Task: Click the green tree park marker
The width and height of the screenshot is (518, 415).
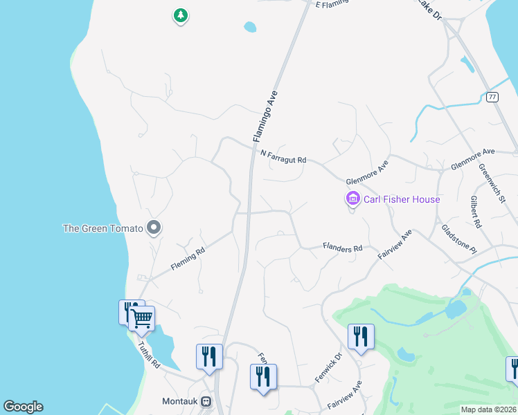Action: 180,15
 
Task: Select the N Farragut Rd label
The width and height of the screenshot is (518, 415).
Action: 283,157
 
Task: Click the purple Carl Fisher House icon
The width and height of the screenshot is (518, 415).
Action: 352,200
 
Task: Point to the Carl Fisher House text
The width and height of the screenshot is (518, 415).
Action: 402,200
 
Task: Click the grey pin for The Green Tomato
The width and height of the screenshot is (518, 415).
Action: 154,227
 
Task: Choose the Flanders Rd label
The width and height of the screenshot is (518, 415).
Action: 342,247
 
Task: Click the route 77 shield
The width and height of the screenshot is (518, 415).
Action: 492,96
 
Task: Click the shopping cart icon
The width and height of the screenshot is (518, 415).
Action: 143,319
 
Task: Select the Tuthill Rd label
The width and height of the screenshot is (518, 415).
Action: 148,355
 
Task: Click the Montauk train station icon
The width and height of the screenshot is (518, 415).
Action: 205,401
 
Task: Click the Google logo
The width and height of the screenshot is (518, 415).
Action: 23,407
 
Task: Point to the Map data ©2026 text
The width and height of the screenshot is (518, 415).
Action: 488,409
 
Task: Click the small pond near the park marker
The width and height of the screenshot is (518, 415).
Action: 249,27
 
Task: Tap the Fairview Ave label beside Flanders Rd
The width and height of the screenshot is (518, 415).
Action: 395,244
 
